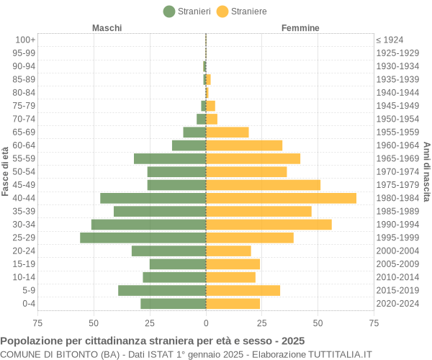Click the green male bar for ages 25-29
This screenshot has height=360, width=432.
pos(143,238)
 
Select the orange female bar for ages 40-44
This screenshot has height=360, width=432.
pos(281,198)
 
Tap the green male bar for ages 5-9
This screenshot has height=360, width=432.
pos(162,290)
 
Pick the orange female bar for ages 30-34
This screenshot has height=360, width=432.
pos(269,225)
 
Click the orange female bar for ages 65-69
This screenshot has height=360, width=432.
pos(227,132)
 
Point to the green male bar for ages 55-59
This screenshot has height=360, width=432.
pos(170,158)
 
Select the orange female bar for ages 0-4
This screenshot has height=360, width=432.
pos(233,304)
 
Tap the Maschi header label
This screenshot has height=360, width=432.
pos(107,28)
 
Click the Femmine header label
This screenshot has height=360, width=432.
pos(300,28)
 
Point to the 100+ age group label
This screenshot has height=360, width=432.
pos(25,40)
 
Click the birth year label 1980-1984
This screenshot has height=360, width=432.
pos(397,198)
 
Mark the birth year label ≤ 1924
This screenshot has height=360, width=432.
pos(390,40)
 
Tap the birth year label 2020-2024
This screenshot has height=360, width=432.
pos(397,304)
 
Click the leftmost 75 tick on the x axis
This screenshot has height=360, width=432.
pos(37,323)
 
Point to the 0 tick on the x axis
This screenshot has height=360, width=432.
pos(206,323)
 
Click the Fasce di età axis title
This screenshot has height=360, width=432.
pos(5,171)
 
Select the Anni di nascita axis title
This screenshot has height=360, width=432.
pos(426,171)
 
